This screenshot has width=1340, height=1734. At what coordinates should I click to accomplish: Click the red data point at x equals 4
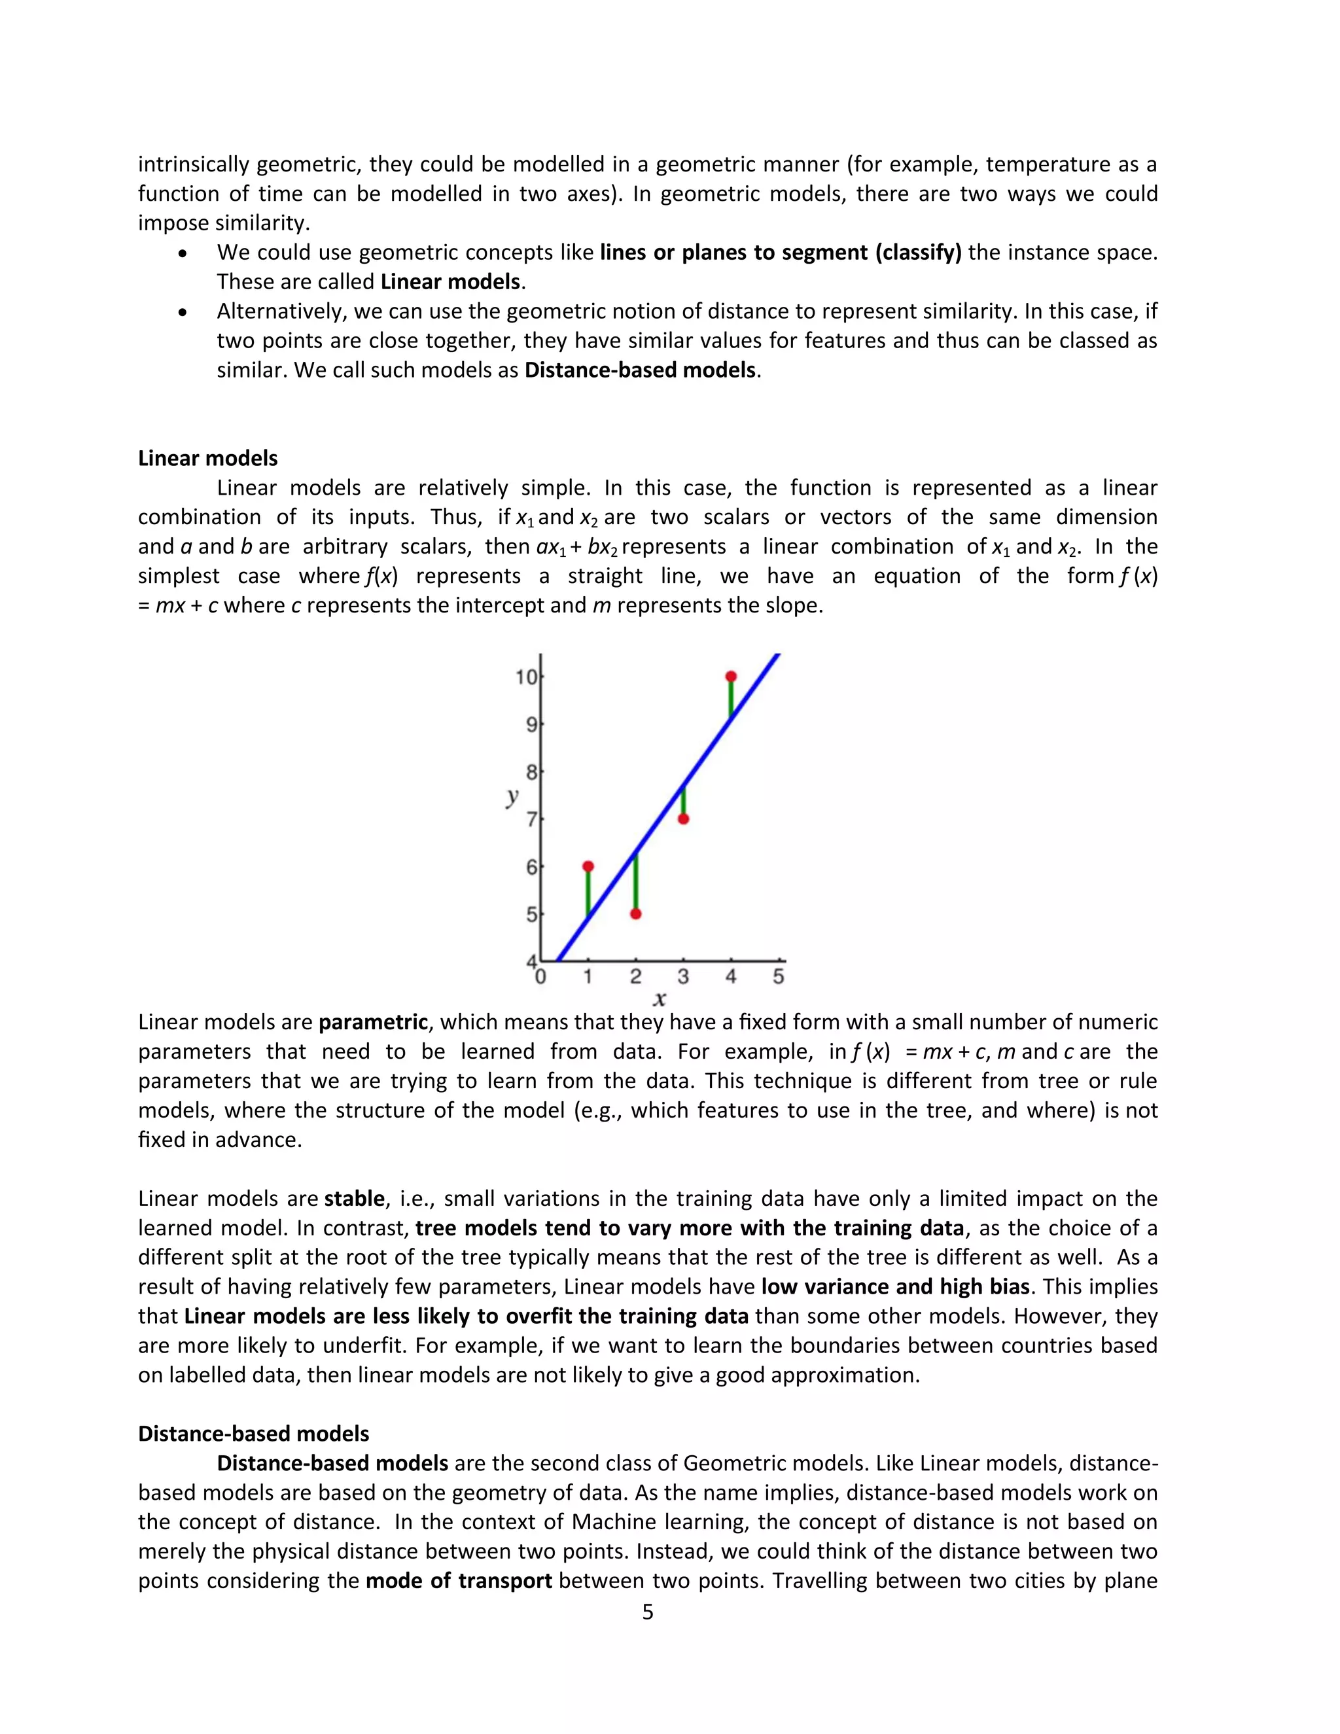pos(730,677)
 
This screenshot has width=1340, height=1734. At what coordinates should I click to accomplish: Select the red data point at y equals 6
pos(588,866)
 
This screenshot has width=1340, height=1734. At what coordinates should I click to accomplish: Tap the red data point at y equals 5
pos(635,914)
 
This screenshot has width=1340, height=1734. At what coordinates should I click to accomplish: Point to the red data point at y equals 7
pos(682,819)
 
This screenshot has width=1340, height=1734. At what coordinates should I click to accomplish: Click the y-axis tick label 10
pos(525,677)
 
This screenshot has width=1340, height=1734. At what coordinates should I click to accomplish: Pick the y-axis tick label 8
pos(531,771)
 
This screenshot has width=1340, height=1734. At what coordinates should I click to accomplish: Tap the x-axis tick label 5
pos(778,976)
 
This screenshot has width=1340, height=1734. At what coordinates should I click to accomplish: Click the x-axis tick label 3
pos(682,976)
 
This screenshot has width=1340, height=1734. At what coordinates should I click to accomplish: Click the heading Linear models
pos(208,458)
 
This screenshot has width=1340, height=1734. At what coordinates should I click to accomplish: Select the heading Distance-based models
pos(253,1433)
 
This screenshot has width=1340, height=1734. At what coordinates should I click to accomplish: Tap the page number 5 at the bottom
pos(647,1611)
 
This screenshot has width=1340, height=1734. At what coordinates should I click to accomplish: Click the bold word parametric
pos(373,1022)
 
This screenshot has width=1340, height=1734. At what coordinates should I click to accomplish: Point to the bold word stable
pos(354,1198)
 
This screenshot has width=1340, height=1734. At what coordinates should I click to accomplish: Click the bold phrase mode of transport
pos(459,1580)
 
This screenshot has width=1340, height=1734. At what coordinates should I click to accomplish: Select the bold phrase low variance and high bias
pos(894,1286)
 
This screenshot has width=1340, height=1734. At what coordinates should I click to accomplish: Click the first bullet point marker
pos(183,253)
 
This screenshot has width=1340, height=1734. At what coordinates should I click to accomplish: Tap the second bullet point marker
pos(183,312)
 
